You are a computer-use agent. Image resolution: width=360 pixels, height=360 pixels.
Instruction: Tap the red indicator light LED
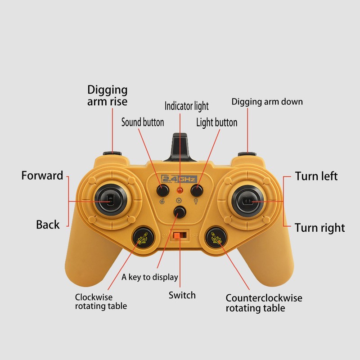click(x=180, y=190)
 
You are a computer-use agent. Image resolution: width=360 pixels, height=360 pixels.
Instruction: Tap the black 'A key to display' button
click(x=180, y=212)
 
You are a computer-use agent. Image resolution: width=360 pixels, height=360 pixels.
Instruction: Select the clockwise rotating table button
click(x=143, y=238)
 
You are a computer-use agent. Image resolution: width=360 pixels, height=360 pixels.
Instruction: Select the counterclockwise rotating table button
click(x=216, y=238)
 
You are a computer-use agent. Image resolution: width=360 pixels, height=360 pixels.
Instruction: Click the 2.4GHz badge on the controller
click(x=179, y=179)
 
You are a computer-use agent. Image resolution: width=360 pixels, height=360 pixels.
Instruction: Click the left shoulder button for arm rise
click(x=112, y=153)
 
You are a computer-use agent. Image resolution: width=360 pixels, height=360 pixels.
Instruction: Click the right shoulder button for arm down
click(x=247, y=153)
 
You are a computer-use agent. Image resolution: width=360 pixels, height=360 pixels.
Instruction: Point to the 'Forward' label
click(x=42, y=175)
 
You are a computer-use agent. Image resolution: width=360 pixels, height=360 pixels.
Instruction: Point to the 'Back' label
click(x=48, y=224)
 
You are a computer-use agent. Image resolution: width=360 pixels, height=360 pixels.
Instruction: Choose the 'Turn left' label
click(x=316, y=176)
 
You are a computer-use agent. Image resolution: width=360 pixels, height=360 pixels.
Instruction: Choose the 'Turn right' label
click(x=320, y=228)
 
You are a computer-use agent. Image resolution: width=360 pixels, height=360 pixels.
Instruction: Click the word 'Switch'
click(x=182, y=295)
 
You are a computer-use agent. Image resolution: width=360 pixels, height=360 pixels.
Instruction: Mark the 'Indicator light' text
click(x=187, y=106)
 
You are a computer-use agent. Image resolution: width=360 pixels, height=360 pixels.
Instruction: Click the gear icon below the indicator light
click(x=179, y=200)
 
